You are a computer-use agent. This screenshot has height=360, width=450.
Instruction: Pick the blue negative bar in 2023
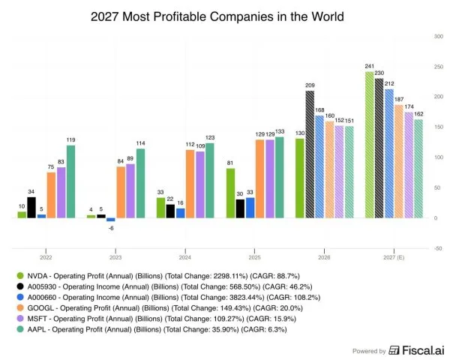pyautogui.click(x=110, y=220)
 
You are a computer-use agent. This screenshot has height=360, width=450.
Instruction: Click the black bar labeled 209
pyautogui.click(x=309, y=154)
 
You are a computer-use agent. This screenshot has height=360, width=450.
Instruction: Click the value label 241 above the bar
pyautogui.click(x=369, y=66)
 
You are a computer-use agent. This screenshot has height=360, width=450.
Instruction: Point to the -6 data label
pyautogui.click(x=110, y=228)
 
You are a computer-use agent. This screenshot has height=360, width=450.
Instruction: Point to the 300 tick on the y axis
pyautogui.click(x=437, y=36)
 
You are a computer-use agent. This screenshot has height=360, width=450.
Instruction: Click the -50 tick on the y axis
pyautogui.click(x=437, y=248)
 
